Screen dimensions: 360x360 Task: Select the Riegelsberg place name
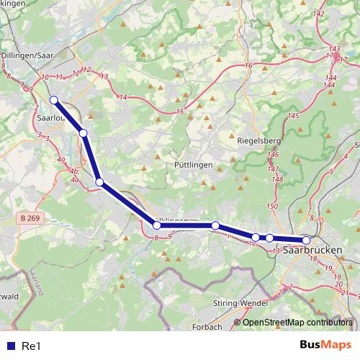pos(258,141)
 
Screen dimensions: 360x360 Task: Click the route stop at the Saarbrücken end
pos(306,240)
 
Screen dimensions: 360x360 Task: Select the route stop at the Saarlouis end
pos(53,100)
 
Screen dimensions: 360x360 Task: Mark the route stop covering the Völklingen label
pos(157,225)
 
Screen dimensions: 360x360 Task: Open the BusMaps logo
pos(325,346)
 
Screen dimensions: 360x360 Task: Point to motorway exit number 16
pos(248,66)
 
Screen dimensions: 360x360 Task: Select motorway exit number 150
pos(271,207)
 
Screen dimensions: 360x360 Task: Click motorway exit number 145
pos(293,116)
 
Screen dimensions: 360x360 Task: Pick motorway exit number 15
pos(180,111)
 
